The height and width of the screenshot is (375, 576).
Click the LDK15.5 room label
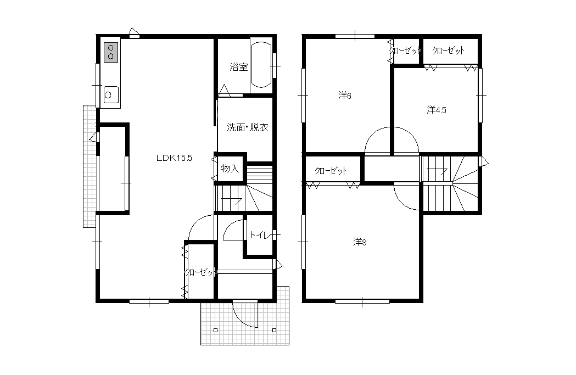coord(174,158)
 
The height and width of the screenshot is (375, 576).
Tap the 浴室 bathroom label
coord(239,67)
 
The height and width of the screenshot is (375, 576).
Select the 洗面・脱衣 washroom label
coord(247,127)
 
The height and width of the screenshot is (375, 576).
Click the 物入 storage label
coord(230,169)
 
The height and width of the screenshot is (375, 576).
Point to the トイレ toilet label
coord(260,234)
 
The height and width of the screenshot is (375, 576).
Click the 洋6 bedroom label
coord(345,96)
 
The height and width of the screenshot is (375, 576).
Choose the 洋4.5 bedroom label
coord(437,110)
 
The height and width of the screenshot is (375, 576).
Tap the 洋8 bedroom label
coord(360,243)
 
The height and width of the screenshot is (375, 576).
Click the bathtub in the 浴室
coord(261,65)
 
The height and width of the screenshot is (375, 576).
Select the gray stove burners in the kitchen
coord(111,52)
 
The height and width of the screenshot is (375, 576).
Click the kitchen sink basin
coord(111,95)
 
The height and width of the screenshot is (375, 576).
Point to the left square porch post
coord(216,330)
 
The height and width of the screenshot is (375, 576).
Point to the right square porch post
coord(275,330)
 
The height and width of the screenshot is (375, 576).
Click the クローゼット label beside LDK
coord(200,272)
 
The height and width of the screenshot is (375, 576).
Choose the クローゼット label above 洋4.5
coord(449,51)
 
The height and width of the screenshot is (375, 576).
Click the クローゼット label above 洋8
coord(331,171)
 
